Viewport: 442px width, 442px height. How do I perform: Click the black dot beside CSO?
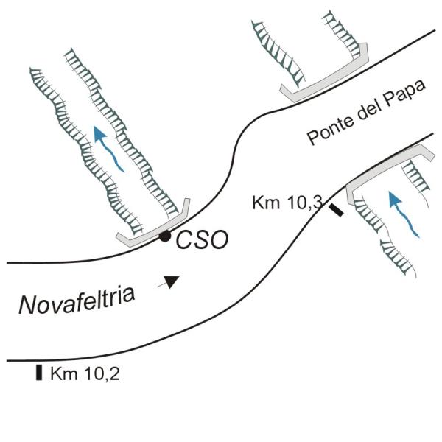(165, 236)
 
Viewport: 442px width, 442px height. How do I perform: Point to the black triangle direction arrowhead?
(172, 281)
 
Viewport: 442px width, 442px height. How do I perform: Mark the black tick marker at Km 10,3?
(335, 211)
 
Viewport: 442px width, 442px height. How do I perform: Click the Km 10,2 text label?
(85, 373)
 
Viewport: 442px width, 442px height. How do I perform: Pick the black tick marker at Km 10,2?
(38, 372)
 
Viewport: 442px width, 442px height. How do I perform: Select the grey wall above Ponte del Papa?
(324, 81)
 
